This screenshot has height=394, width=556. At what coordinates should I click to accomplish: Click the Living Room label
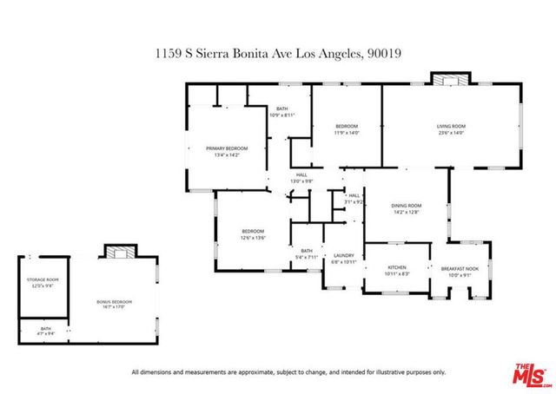(x=451, y=128)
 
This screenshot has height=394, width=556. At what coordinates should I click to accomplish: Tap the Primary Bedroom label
(x=227, y=148)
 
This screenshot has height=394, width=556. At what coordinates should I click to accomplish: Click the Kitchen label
(x=396, y=267)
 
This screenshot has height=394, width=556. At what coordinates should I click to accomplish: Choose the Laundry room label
(x=344, y=254)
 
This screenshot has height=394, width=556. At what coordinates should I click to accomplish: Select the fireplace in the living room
(x=450, y=81)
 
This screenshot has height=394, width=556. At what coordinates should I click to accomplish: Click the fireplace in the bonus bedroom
(x=118, y=252)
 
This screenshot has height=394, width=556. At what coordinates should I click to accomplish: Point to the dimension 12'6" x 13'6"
(x=253, y=237)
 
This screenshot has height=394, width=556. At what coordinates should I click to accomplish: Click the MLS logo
(x=526, y=374)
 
